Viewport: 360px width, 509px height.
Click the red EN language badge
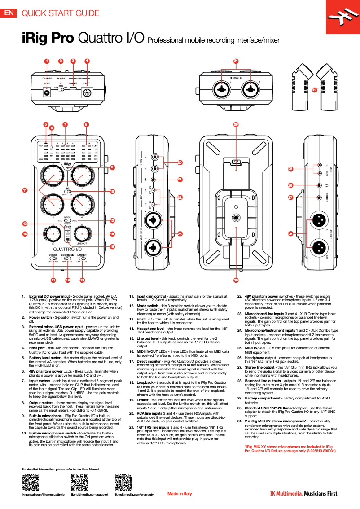point(9,13)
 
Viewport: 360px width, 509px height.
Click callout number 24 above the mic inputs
point(236,61)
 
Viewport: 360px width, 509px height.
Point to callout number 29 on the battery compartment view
point(236,124)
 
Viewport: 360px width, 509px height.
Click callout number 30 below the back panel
point(236,280)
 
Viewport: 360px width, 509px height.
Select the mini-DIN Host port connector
point(86,93)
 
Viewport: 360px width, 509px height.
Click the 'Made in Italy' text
point(180,494)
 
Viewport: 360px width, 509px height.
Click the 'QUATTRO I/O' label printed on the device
point(67,250)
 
